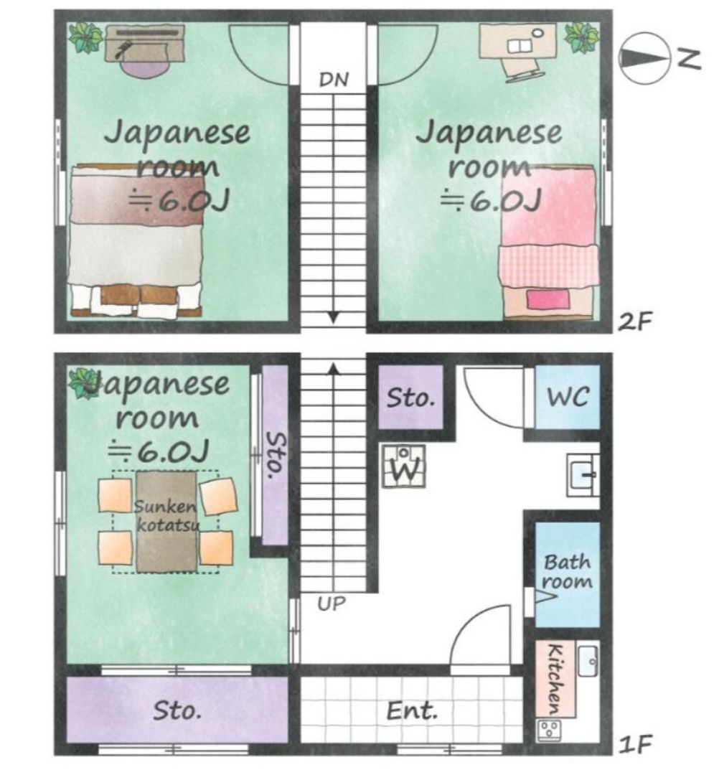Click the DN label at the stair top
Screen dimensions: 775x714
coord(334,80)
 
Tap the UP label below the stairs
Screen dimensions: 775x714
coord(331,603)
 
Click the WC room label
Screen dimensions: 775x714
coord(568,397)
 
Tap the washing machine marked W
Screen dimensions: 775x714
coord(403,466)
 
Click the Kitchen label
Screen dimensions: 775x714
coord(557,674)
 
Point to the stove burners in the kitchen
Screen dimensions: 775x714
coord(551,731)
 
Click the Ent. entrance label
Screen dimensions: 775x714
coord(412,712)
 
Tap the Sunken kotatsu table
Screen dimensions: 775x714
coord(166,521)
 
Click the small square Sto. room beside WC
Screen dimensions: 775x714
coord(411,398)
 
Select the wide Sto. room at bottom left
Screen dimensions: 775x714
coord(177,710)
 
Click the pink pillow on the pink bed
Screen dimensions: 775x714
coord(548,298)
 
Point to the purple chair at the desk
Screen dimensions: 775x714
coord(144,67)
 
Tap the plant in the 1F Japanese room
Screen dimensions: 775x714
coord(84,382)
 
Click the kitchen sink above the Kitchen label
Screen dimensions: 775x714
coord(588,654)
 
